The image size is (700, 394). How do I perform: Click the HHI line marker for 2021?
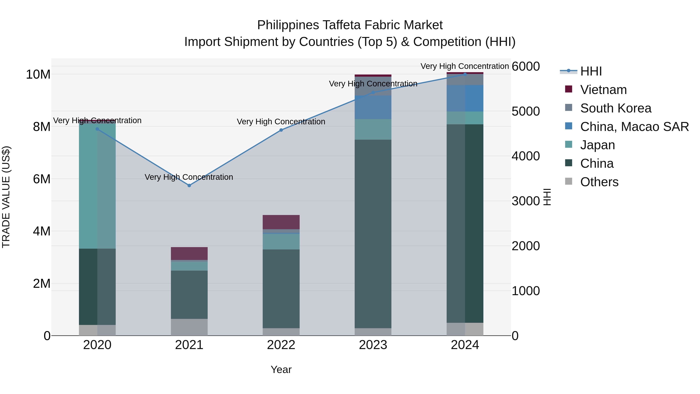tap(189, 185)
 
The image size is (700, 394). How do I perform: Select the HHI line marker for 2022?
tap(281, 130)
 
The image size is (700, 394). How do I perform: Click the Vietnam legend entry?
tap(603, 90)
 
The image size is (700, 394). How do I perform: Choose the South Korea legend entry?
tap(615, 108)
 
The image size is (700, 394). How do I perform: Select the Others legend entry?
tap(599, 182)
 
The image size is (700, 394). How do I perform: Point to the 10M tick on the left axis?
tap(38, 74)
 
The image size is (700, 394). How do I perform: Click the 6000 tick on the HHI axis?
tap(526, 66)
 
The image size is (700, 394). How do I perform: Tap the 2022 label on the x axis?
tap(281, 345)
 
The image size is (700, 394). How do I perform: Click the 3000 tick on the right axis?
tap(526, 201)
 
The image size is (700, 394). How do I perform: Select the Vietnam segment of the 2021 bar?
tap(189, 253)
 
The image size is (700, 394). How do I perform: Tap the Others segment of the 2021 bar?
tap(189, 327)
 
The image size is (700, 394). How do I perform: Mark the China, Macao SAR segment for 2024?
tap(465, 98)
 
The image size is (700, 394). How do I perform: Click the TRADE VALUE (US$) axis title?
tap(6, 197)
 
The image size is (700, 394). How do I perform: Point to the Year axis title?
tap(281, 369)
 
